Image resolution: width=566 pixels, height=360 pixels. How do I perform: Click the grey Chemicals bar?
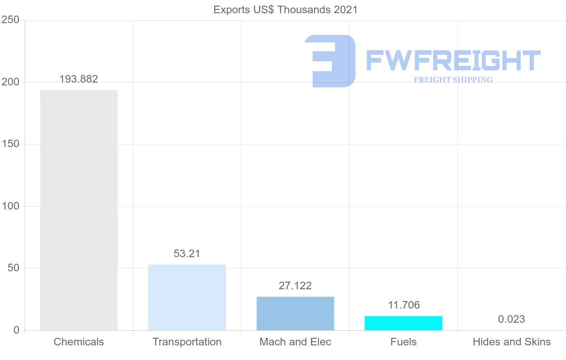click(x=79, y=210)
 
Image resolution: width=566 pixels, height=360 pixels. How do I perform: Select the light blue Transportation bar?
click(x=187, y=297)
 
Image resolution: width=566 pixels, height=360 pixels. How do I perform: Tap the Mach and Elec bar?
click(x=295, y=313)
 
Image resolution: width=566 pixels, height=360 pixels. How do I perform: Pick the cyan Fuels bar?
click(x=403, y=323)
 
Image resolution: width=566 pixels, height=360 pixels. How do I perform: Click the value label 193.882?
click(x=79, y=79)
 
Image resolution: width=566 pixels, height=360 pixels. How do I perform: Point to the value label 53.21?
click(x=187, y=254)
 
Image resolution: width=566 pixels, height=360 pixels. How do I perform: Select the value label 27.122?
click(x=295, y=286)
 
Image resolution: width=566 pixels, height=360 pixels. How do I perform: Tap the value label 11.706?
click(x=404, y=305)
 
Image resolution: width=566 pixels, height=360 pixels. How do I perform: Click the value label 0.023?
click(x=511, y=319)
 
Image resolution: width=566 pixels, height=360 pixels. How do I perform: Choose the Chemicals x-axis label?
click(x=79, y=342)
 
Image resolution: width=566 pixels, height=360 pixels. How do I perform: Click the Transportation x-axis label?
click(x=187, y=342)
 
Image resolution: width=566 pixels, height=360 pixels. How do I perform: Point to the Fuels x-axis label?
click(x=404, y=342)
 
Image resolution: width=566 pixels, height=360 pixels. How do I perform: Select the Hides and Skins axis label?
click(x=512, y=342)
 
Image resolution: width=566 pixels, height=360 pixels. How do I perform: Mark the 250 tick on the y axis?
click(x=10, y=20)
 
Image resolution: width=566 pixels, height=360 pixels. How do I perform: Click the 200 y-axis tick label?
click(x=10, y=82)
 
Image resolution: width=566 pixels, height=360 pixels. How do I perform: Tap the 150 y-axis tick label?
click(x=10, y=144)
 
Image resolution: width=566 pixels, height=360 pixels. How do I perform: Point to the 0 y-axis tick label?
click(x=17, y=330)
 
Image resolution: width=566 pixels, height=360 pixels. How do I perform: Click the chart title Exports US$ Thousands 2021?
click(x=285, y=9)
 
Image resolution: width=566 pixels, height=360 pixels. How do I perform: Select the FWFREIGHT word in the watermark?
click(x=453, y=61)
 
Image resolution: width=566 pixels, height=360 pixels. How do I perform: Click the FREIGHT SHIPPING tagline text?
click(x=453, y=80)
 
